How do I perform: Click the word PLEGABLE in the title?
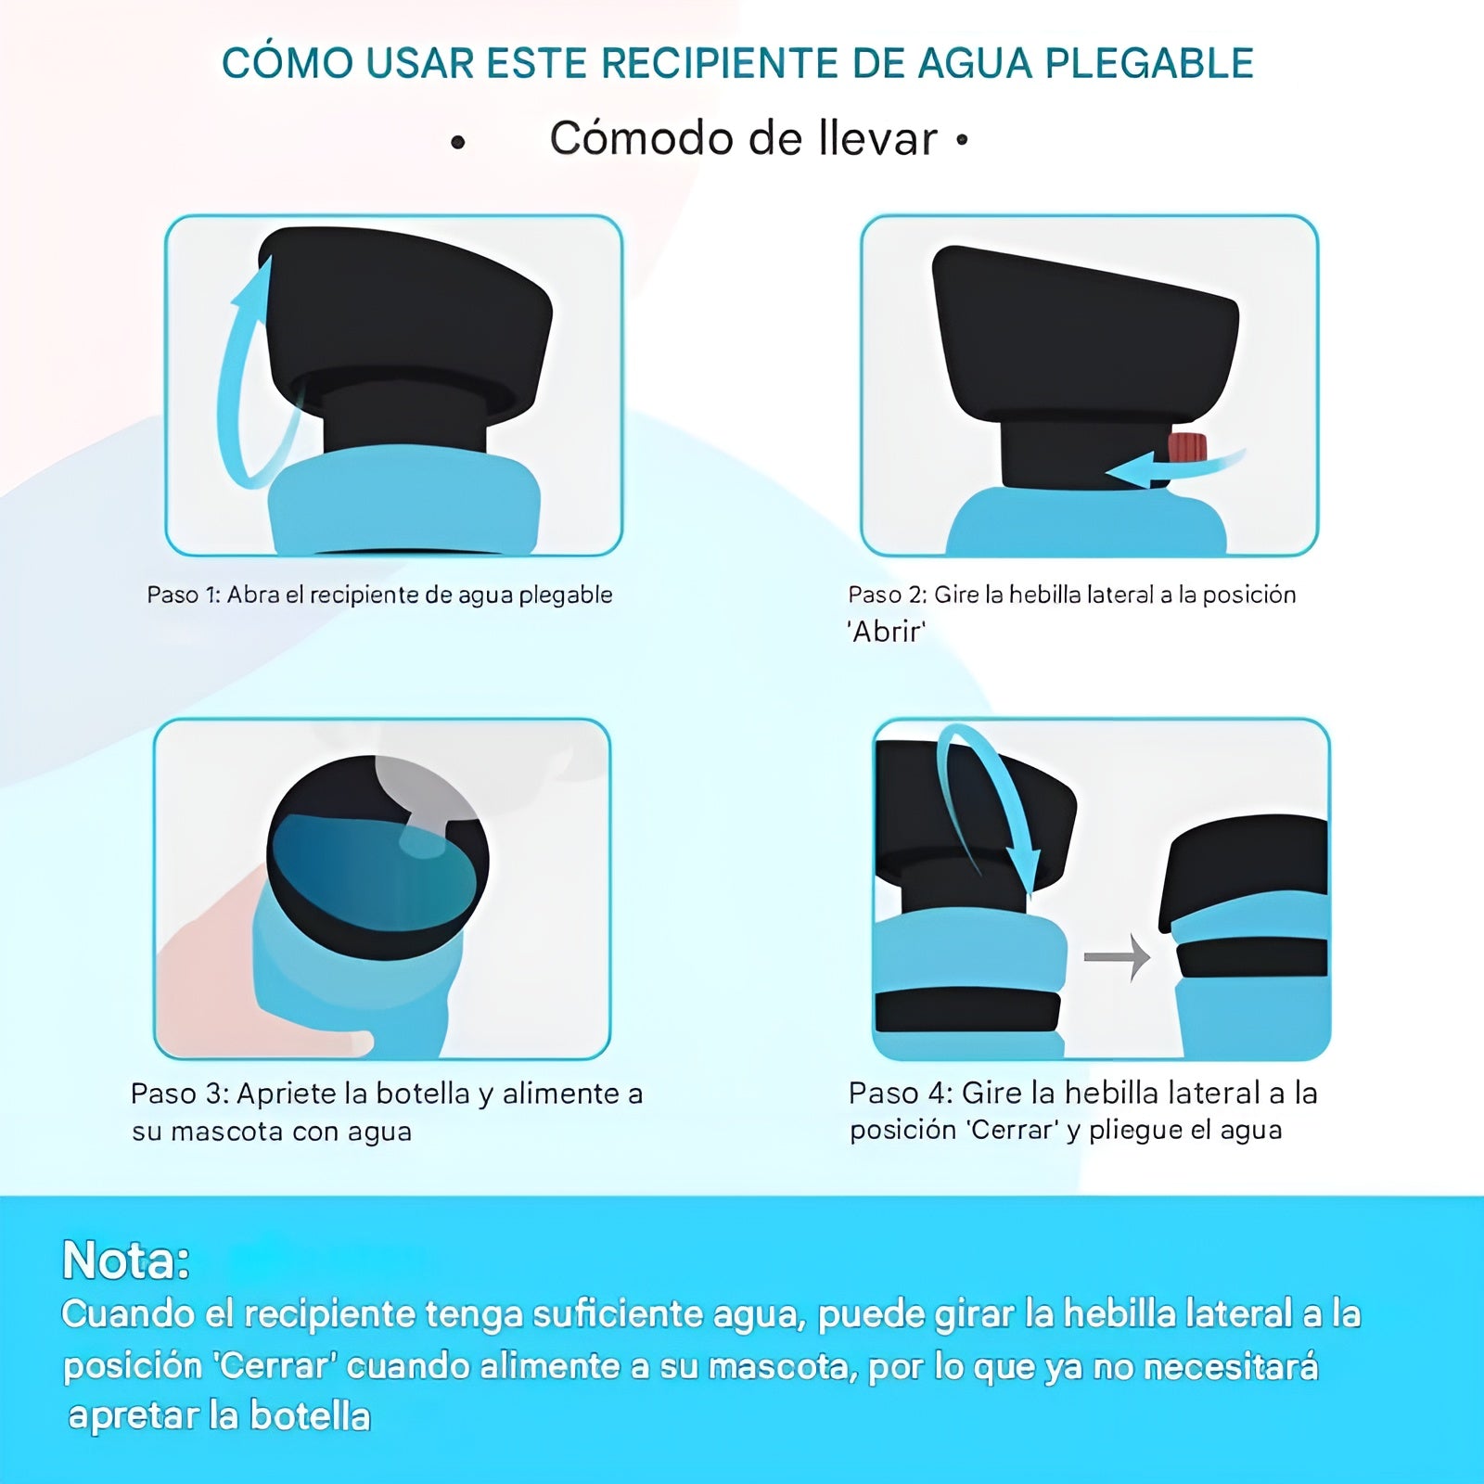(1149, 63)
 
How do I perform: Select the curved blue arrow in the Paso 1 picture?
(243, 371)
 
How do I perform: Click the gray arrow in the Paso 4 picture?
(1117, 956)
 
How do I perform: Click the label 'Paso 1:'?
(184, 595)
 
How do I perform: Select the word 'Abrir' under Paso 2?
(887, 632)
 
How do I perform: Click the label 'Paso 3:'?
(180, 1094)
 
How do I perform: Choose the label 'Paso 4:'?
(901, 1093)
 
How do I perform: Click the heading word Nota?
(126, 1260)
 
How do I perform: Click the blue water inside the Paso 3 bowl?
(371, 872)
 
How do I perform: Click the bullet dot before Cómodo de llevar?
(457, 143)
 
